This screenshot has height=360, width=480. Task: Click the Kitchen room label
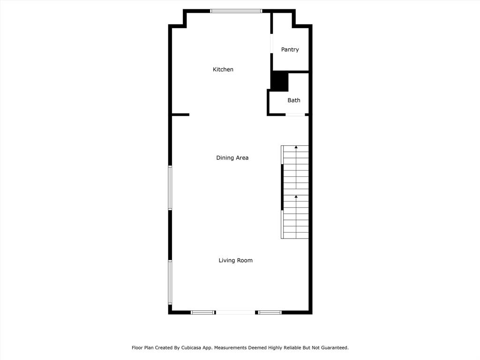pyautogui.click(x=223, y=69)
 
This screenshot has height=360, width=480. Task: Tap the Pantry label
pyautogui.click(x=290, y=50)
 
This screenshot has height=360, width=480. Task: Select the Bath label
pyautogui.click(x=294, y=100)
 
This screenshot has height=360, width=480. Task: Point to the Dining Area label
pyautogui.click(x=232, y=157)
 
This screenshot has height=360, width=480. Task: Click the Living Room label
pyautogui.click(x=235, y=260)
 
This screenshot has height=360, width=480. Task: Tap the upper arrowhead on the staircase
pyautogui.click(x=296, y=147)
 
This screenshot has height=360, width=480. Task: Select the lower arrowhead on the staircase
pyautogui.click(x=296, y=196)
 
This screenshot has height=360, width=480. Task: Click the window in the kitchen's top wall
pyautogui.click(x=236, y=11)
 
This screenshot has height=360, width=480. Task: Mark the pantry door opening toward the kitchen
pyautogui.click(x=271, y=44)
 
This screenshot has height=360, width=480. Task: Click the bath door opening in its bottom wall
pyautogui.click(x=295, y=115)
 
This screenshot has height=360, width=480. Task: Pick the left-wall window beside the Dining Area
pyautogui.click(x=170, y=188)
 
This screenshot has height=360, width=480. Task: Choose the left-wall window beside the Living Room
pyautogui.click(x=170, y=282)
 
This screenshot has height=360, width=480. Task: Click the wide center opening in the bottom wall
pyautogui.click(x=235, y=313)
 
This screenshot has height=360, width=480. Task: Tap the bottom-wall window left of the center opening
pyautogui.click(x=202, y=313)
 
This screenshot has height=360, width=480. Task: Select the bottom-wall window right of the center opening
pyautogui.click(x=270, y=313)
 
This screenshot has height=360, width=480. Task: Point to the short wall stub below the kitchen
pyautogui.click(x=180, y=115)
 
